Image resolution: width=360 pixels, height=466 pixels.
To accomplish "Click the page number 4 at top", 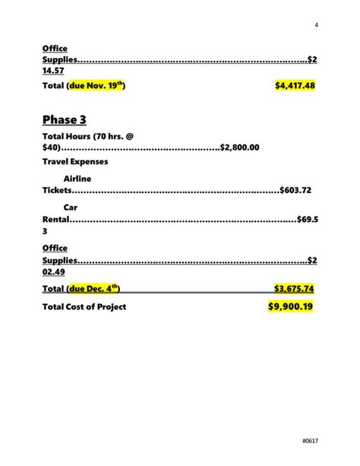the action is pos(315,25).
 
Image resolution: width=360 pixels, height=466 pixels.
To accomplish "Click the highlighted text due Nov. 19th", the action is pos(96,86).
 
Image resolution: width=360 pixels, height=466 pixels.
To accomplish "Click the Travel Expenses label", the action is pos(75,162).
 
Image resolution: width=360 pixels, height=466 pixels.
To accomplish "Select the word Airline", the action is pos(77,178).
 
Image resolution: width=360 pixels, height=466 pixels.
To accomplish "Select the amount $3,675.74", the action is pos(294,288).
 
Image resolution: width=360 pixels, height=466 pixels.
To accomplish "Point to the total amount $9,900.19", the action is pos(290,306).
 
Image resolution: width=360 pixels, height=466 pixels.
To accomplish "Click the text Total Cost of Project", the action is pos(84,306).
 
